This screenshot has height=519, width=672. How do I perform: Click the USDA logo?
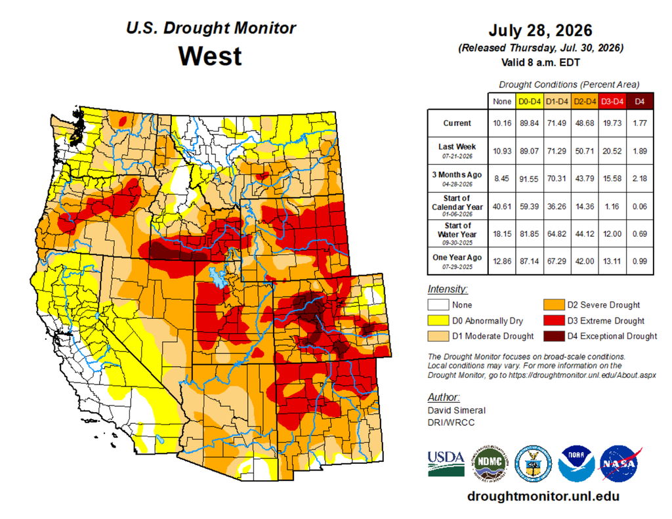point(446,463)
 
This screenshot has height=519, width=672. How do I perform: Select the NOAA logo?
point(576,463)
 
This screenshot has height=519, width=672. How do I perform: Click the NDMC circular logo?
point(490,463)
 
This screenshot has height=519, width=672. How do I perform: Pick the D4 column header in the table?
point(640,102)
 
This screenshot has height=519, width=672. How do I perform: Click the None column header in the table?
point(502,102)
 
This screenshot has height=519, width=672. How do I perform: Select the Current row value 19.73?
point(612,123)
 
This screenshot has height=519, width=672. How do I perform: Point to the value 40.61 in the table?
point(502,207)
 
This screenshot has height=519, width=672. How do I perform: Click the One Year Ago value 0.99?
point(640,261)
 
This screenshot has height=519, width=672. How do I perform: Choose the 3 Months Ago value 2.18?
point(640,178)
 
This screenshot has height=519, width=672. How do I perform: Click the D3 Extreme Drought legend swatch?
point(553,321)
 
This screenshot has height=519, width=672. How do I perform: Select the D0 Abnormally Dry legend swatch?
point(438,321)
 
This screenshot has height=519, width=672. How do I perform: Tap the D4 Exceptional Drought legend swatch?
point(553,336)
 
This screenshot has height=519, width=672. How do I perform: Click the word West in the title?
point(210,56)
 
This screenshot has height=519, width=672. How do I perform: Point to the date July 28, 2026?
point(541,30)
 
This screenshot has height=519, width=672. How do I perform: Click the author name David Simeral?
point(457,410)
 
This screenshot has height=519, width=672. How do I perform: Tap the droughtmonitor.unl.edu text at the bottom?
point(543,496)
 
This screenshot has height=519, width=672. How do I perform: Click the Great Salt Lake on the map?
point(217,278)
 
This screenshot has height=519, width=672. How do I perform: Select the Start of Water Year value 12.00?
point(612,234)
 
